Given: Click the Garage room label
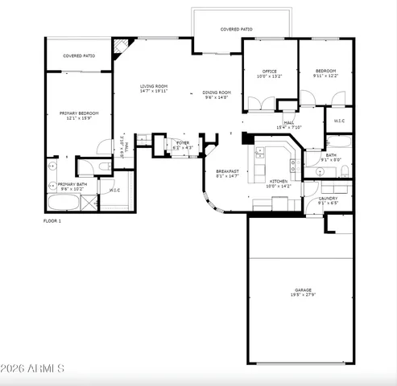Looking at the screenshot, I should click(304, 289).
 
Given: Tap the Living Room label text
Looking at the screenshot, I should click(153, 87).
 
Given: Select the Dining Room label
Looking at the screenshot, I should click(217, 92).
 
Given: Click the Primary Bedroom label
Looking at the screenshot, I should click(79, 113).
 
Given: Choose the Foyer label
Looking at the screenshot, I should click(183, 142).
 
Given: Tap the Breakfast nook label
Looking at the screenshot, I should click(227, 171).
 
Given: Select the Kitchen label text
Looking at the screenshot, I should click(279, 182).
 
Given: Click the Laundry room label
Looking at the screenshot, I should click(328, 198).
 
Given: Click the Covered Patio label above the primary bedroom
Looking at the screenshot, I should click(80, 56).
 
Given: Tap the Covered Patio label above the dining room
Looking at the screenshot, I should click(237, 30).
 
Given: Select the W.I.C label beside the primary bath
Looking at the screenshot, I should click(114, 191).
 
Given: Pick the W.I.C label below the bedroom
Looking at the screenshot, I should click(339, 121).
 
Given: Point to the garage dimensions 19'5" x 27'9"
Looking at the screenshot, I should click(304, 295).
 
